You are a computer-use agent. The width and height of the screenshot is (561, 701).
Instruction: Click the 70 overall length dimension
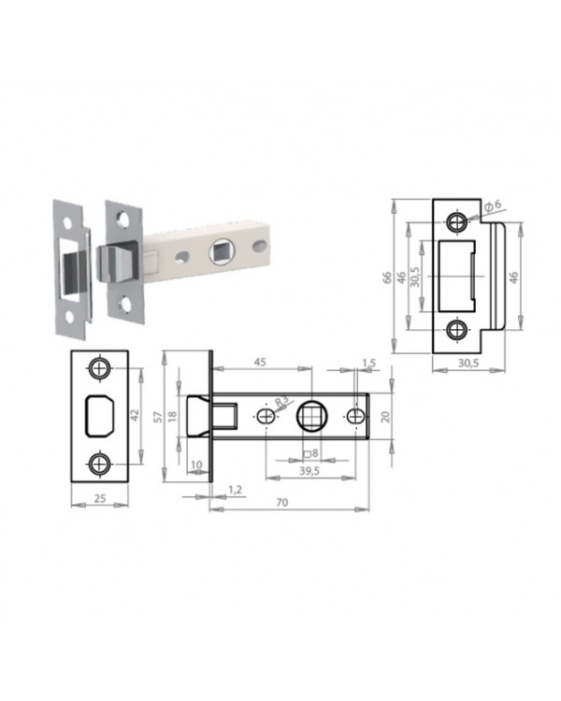pyautogui.click(x=281, y=502)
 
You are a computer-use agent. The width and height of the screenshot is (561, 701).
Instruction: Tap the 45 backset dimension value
pyautogui.click(x=260, y=362)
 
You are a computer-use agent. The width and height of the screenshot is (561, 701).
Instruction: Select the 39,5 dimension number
pyautogui.click(x=309, y=471)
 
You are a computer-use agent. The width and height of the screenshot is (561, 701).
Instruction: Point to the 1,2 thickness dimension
pyautogui.click(x=235, y=490)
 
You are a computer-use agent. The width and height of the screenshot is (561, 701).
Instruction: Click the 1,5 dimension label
pyautogui.click(x=368, y=363)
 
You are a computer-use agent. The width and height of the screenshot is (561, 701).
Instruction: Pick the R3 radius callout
pyautogui.click(x=281, y=401)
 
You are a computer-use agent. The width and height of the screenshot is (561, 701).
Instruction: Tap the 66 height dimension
pyautogui.click(x=387, y=278)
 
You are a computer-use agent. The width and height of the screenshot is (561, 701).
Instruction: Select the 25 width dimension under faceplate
pyautogui.click(x=100, y=497)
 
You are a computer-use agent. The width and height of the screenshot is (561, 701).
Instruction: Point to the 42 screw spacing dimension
pyautogui.click(x=135, y=415)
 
